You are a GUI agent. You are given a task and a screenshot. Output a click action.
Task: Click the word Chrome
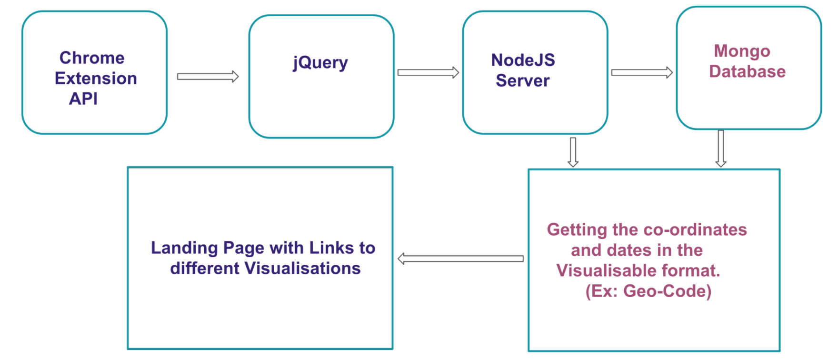pyautogui.click(x=92, y=58)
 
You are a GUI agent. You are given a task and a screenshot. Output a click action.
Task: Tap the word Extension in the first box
pyautogui.click(x=96, y=79)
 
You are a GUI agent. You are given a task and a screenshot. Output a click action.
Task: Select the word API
pyautogui.click(x=83, y=99)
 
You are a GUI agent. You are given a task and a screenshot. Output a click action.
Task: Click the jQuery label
pyautogui.click(x=320, y=63)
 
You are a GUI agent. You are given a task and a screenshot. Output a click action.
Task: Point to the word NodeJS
pyautogui.click(x=523, y=60)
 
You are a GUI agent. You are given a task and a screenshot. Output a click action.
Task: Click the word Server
pyautogui.click(x=522, y=81)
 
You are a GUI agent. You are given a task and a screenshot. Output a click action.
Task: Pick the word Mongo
pyautogui.click(x=742, y=51)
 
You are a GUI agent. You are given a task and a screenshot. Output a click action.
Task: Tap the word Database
pyautogui.click(x=747, y=71)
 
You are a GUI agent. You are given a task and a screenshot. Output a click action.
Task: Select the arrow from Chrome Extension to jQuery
pyautogui.click(x=208, y=77)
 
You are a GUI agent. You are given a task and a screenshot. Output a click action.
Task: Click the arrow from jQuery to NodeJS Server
pyautogui.click(x=428, y=72)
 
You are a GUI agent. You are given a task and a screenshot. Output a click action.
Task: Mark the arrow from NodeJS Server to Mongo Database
pyautogui.click(x=642, y=72)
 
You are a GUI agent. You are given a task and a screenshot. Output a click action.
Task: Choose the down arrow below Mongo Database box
pyautogui.click(x=721, y=149)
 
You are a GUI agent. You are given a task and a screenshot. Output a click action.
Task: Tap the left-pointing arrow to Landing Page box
pyautogui.click(x=460, y=259)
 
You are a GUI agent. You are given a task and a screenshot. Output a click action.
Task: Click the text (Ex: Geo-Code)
pyautogui.click(x=648, y=291)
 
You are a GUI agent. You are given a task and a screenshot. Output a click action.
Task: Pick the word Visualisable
pyautogui.click(x=605, y=271)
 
